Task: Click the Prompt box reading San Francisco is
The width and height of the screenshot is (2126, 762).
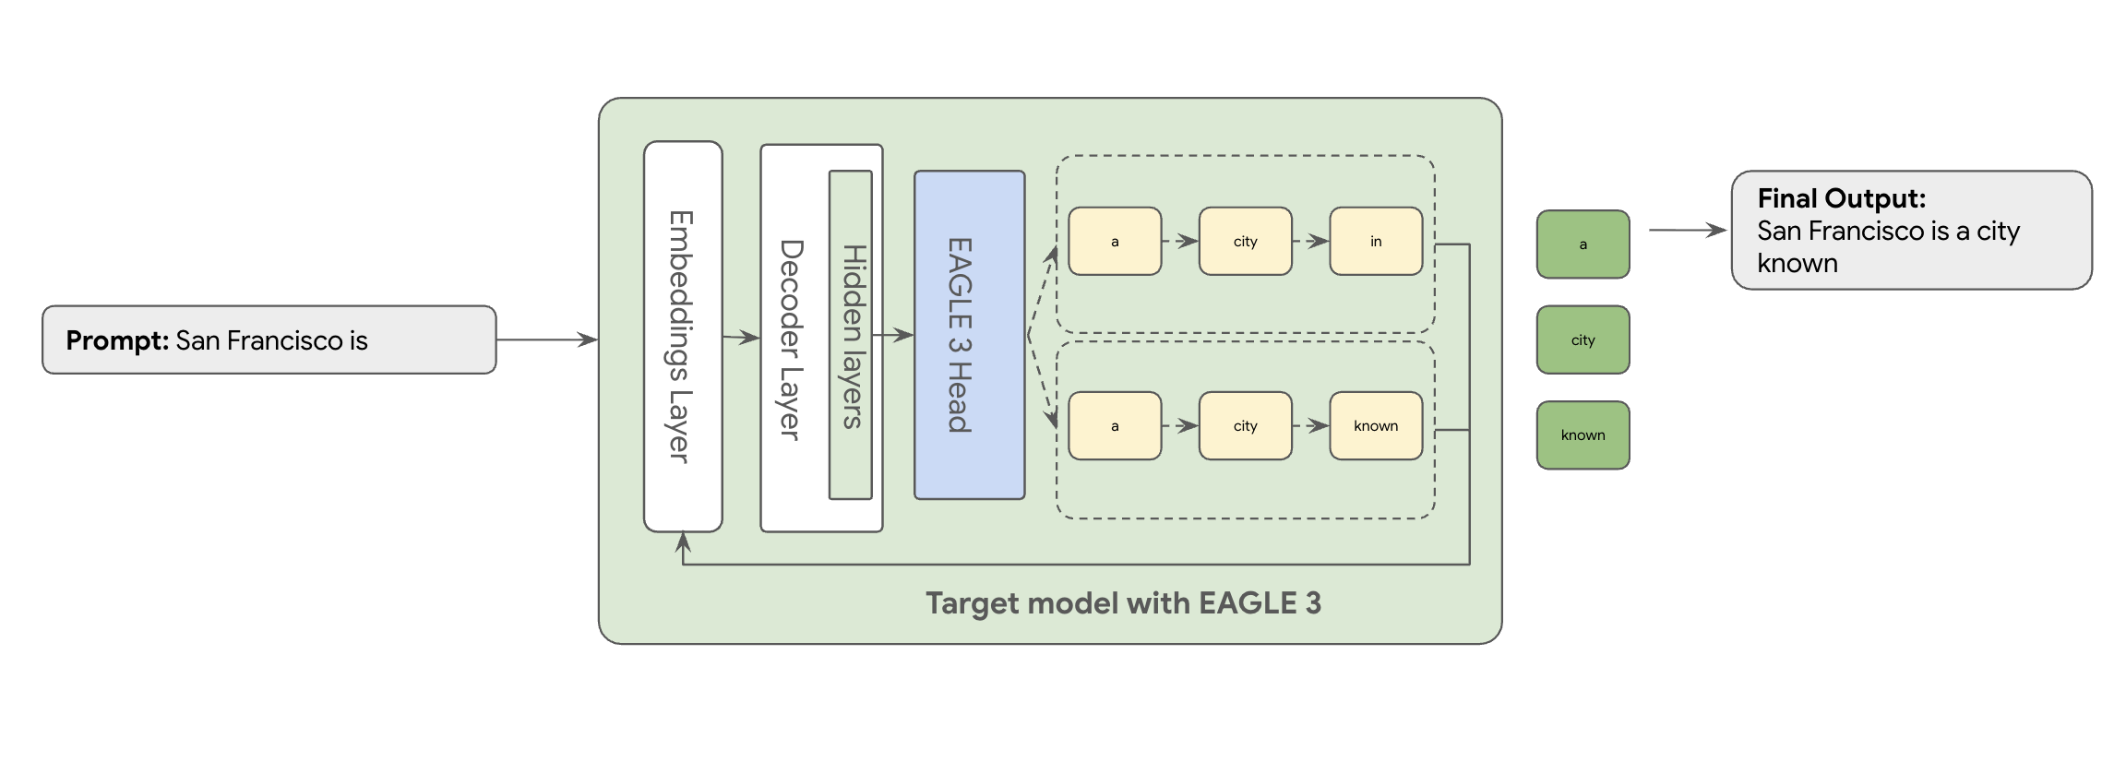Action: (269, 339)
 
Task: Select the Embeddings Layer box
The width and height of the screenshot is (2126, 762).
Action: (683, 337)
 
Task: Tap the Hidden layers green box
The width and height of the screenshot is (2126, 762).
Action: (851, 335)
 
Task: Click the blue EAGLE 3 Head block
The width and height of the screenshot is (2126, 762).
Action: (969, 335)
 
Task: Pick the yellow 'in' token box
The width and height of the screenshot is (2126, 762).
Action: (1375, 242)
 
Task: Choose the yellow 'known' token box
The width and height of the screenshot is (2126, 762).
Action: (1375, 426)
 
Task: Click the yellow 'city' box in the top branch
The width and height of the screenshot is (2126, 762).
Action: (1245, 242)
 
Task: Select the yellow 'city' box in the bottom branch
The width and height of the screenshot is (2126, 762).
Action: (1245, 426)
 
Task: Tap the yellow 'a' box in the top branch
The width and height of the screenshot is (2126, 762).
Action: (1115, 242)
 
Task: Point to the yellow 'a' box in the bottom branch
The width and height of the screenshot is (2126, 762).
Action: (1115, 426)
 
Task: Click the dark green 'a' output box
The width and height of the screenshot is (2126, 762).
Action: (1583, 244)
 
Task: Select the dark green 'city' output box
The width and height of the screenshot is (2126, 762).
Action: (1583, 339)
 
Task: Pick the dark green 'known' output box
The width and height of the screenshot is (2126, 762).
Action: (1583, 435)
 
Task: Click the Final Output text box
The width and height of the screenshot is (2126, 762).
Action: (1911, 230)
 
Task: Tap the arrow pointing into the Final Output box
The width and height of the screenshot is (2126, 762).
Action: (1689, 230)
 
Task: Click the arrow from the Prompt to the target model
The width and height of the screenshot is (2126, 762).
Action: (547, 339)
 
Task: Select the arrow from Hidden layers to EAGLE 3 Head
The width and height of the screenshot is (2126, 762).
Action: (892, 335)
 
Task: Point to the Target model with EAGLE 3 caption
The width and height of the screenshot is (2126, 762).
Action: (1123, 603)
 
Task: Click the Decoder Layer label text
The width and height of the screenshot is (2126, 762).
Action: (791, 339)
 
